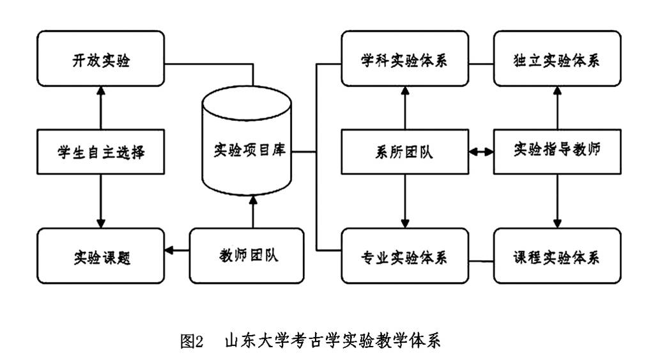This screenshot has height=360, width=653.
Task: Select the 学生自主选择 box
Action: coord(100,152)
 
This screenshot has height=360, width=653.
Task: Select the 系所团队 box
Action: coord(404,152)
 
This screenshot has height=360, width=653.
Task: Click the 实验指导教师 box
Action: coord(557,151)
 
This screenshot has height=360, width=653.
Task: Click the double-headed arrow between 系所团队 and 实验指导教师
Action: coord(480,152)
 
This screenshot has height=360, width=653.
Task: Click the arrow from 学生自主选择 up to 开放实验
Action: coord(100,109)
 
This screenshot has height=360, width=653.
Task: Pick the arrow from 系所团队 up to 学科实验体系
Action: coord(404,109)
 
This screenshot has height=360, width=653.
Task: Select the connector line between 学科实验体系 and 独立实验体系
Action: coord(480,63)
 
